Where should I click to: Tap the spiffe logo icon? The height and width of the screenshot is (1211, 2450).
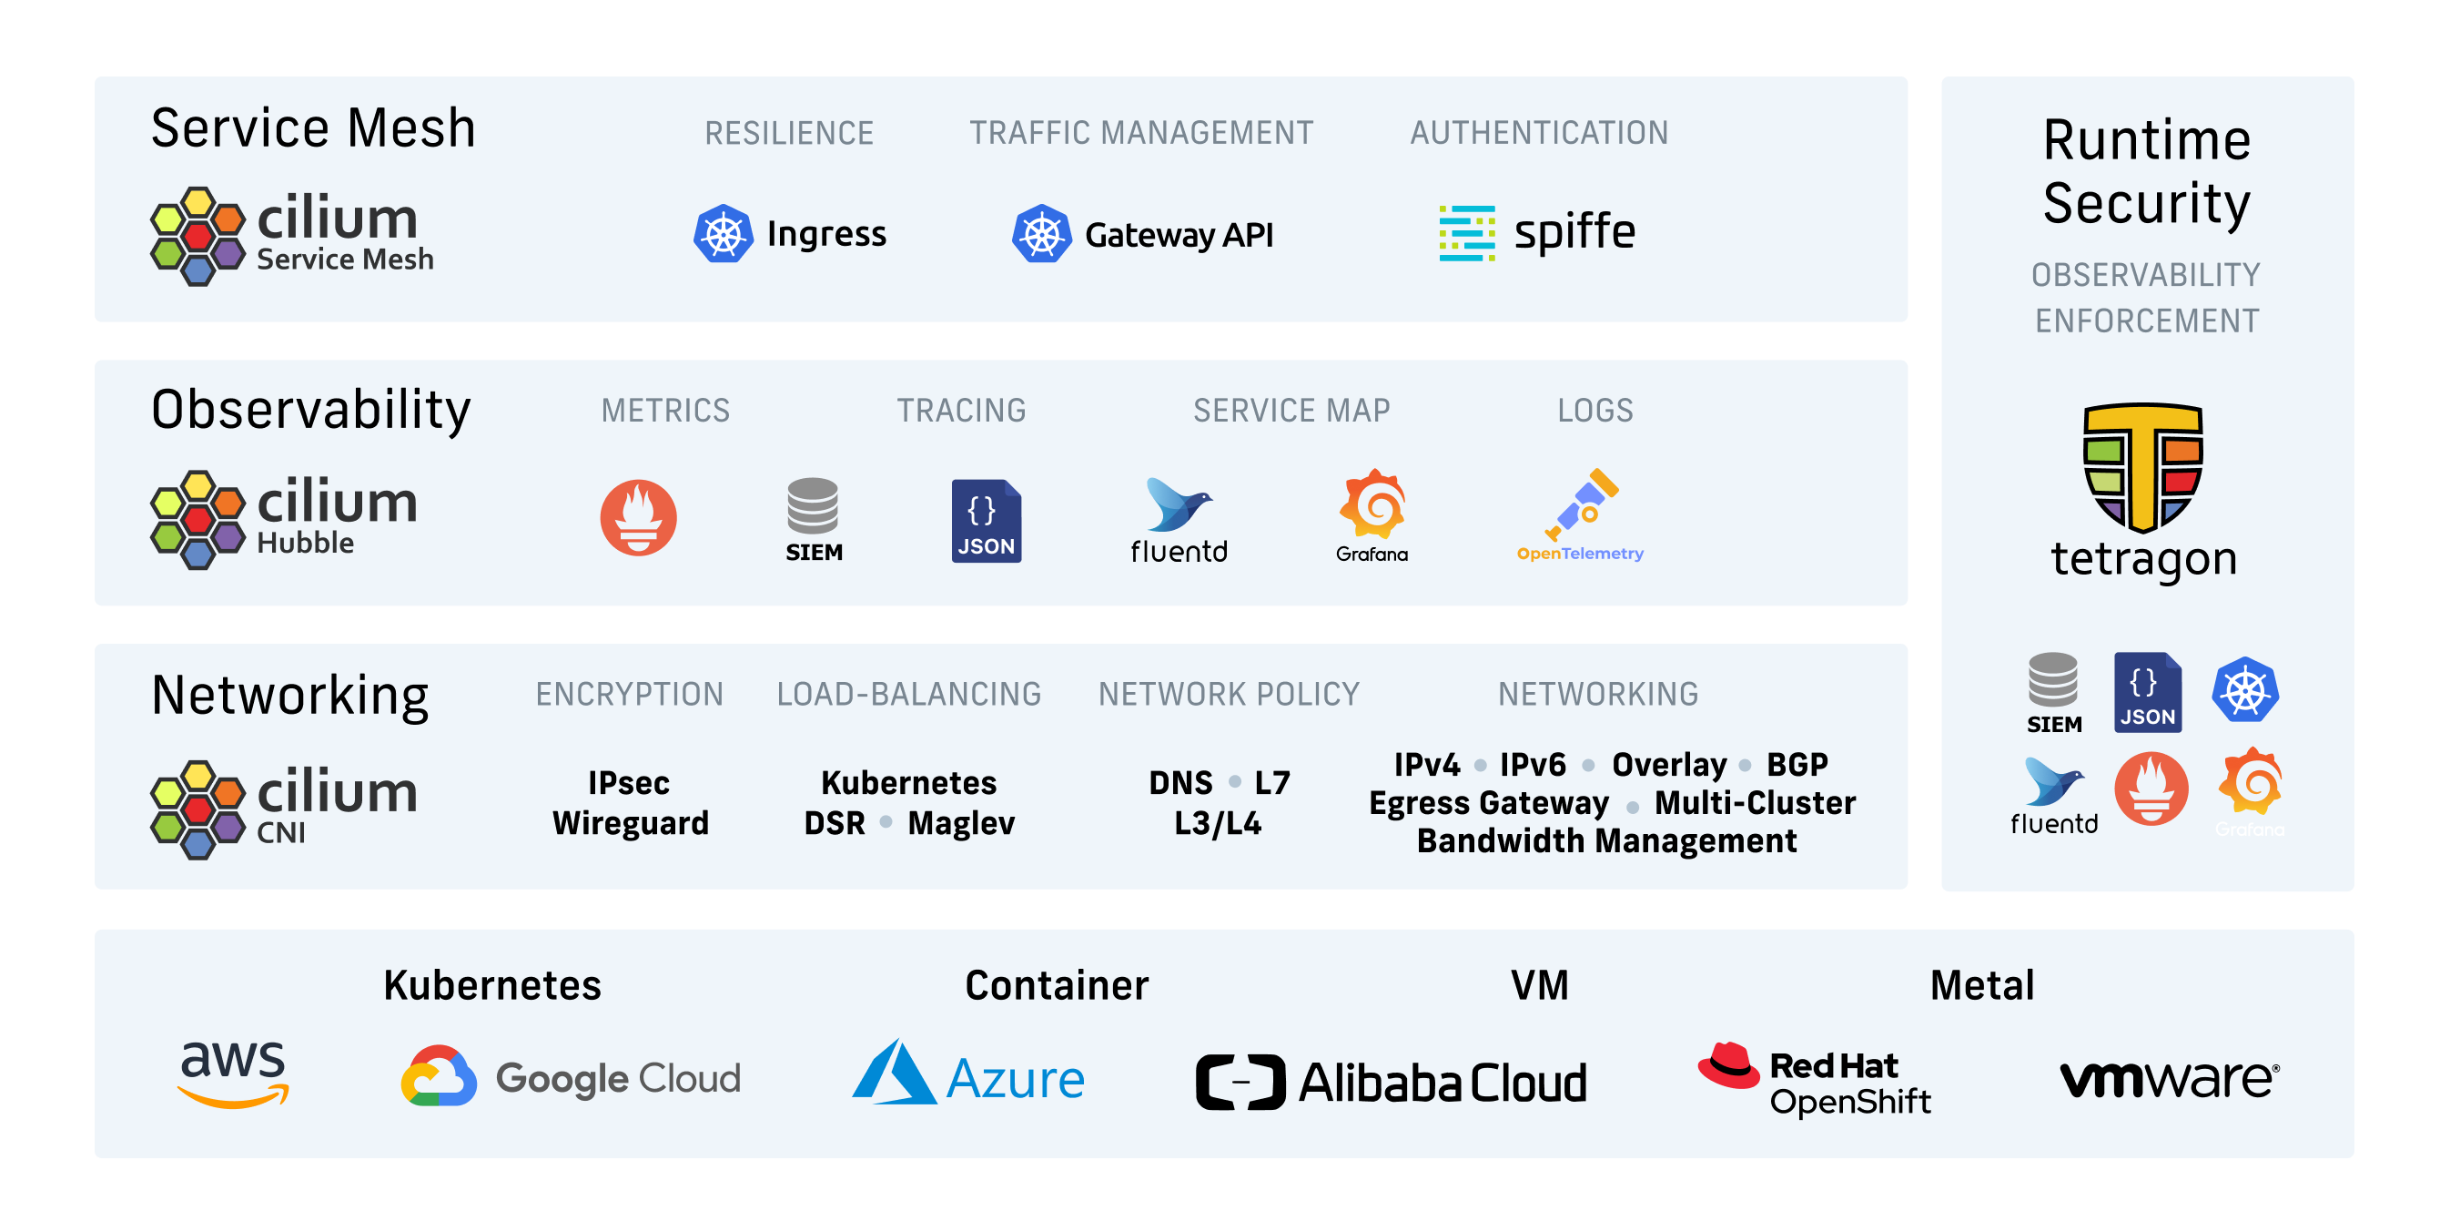(x=1466, y=233)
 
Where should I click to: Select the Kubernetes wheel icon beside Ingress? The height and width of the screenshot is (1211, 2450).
(x=723, y=234)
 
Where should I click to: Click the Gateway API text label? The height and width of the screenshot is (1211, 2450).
(x=1179, y=235)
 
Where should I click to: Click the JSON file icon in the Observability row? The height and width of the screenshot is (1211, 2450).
(x=987, y=520)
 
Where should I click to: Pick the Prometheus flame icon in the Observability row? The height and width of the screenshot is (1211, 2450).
(x=638, y=517)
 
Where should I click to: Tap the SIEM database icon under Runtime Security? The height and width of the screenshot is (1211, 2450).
(x=2052, y=681)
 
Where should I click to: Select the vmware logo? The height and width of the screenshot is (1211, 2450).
(x=2170, y=1079)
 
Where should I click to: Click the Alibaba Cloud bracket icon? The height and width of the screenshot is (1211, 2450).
(x=1240, y=1083)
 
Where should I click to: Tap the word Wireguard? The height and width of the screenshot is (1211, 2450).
(x=631, y=823)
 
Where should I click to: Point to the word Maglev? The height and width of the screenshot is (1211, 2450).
(x=960, y=823)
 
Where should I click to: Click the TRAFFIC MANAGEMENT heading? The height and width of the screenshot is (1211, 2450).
(x=1140, y=133)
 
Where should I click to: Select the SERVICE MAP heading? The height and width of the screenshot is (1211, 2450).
(x=1291, y=411)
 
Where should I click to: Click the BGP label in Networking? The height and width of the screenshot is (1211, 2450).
(x=1797, y=765)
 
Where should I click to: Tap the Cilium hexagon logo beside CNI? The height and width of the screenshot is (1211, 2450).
(x=197, y=809)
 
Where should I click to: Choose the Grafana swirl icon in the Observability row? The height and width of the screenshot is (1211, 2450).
(x=1372, y=504)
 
